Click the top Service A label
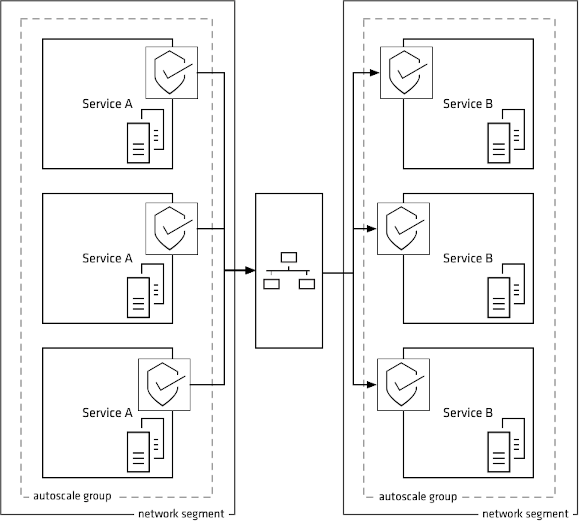click(x=107, y=104)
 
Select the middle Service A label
click(x=107, y=258)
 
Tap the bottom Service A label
click(x=107, y=413)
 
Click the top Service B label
click(x=468, y=104)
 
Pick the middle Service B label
click(x=468, y=258)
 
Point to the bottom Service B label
click(x=468, y=413)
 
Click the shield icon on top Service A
click(x=171, y=73)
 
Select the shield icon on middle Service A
click(x=171, y=229)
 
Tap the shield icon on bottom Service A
click(x=164, y=385)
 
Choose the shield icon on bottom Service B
click(x=403, y=385)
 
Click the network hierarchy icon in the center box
click(x=289, y=270)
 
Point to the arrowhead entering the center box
click(x=250, y=270)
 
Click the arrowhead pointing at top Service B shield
click(x=374, y=73)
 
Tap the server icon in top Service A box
click(x=145, y=136)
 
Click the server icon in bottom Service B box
click(x=506, y=445)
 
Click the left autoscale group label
click(x=72, y=496)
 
